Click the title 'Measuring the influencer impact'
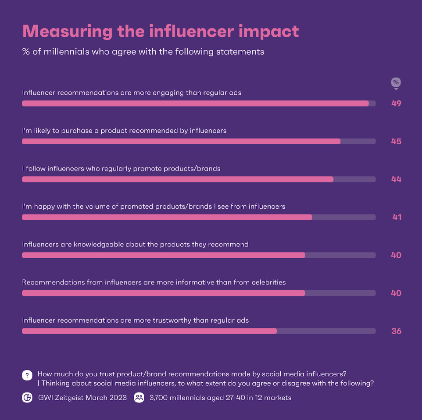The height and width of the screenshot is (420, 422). pyautogui.click(x=161, y=31)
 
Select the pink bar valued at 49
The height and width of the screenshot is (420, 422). pyautogui.click(x=195, y=103)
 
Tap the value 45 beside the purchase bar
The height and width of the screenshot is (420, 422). pyautogui.click(x=396, y=142)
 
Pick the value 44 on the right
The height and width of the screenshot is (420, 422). pyautogui.click(x=396, y=179)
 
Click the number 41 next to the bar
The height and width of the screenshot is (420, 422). pyautogui.click(x=397, y=217)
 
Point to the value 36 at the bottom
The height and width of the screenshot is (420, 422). pyautogui.click(x=396, y=331)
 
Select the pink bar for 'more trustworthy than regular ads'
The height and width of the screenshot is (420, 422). pyautogui.click(x=149, y=331)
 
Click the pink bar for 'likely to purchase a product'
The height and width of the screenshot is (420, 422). pyautogui.click(x=181, y=141)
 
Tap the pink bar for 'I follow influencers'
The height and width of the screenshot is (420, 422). pyautogui.click(x=177, y=179)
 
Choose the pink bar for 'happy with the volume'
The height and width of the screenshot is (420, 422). pyautogui.click(x=167, y=217)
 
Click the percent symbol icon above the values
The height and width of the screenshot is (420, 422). pyautogui.click(x=396, y=83)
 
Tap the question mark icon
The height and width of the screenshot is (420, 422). pyautogui.click(x=27, y=375)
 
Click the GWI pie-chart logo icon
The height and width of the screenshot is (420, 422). pyautogui.click(x=27, y=398)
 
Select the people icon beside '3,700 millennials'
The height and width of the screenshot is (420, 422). pyautogui.click(x=139, y=398)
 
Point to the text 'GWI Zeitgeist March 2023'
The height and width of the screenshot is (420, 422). pyautogui.click(x=82, y=398)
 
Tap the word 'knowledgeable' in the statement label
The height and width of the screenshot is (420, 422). pyautogui.click(x=101, y=244)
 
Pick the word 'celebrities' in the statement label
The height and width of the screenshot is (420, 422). pyautogui.click(x=268, y=282)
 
